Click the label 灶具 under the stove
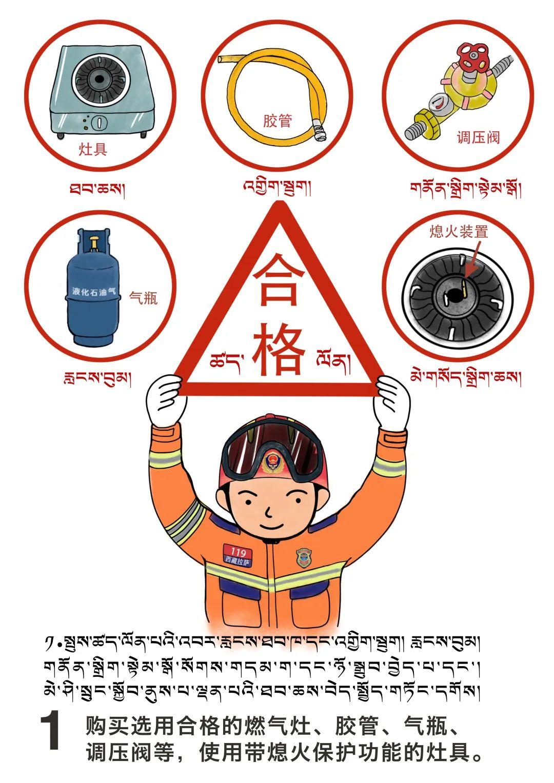(x=93, y=149)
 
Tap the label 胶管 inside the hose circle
(x=278, y=121)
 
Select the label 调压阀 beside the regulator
(x=478, y=137)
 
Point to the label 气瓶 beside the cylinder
(x=144, y=298)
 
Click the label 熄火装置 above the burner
(x=459, y=231)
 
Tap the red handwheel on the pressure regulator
(x=473, y=57)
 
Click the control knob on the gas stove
(x=99, y=123)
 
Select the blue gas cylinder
(x=93, y=286)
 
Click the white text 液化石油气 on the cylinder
(x=93, y=291)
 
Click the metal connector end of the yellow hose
(x=319, y=129)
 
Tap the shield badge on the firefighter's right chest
(x=304, y=558)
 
